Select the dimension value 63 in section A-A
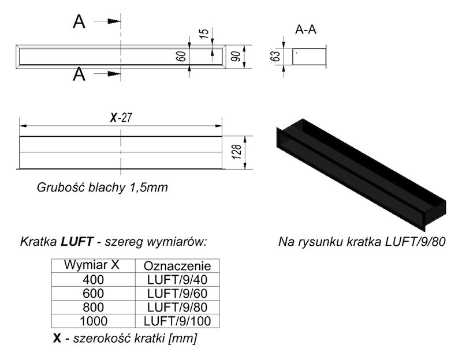point(275,56)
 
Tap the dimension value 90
point(235,56)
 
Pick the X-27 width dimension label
point(122,118)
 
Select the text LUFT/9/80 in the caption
point(416,240)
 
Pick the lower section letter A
point(80,74)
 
